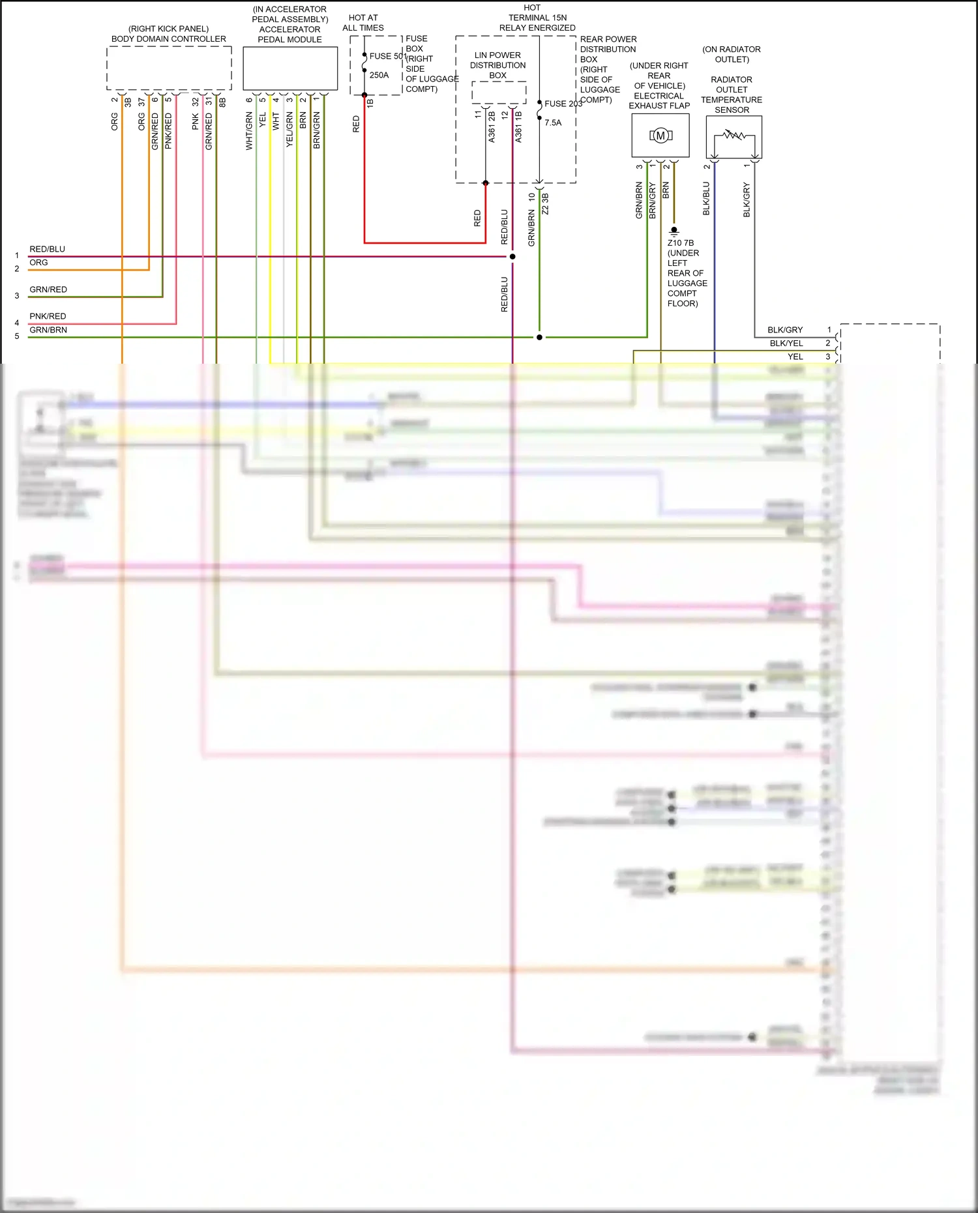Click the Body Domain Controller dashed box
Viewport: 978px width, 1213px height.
169,68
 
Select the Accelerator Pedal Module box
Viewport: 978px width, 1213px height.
290,68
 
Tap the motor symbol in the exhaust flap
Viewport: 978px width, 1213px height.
660,136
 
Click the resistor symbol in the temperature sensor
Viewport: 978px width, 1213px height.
734,136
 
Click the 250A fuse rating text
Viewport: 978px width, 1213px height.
379,76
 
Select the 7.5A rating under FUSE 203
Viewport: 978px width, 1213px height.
553,123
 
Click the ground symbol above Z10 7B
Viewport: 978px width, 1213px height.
674,230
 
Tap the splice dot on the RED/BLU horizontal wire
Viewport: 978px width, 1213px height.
512,257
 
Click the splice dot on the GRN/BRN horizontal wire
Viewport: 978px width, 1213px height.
539,338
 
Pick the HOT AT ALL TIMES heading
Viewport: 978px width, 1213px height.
363,23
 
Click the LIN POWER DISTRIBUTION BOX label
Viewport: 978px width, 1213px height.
497,65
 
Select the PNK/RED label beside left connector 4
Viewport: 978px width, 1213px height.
48,316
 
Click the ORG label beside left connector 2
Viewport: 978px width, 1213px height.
38,263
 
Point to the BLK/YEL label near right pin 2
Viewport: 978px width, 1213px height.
786,343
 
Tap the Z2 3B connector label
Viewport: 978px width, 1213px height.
545,203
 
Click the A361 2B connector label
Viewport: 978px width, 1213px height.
492,126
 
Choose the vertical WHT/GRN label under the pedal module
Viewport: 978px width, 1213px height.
249,131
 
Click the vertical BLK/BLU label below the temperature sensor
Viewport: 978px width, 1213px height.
706,199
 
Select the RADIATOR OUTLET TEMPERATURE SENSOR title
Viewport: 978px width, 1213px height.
732,95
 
